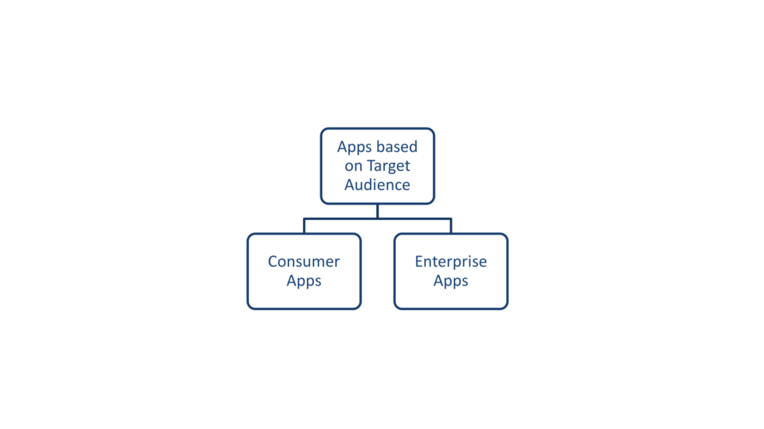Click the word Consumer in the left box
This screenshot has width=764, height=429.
tap(304, 261)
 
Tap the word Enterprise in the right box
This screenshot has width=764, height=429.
tap(451, 261)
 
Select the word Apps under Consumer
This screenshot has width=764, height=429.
tap(304, 281)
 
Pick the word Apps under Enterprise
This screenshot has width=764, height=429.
tap(451, 281)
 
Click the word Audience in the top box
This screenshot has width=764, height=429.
tap(378, 185)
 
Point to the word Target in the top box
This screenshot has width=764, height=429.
tap(388, 166)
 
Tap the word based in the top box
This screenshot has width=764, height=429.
tap(397, 147)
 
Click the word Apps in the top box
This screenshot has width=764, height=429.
tap(354, 147)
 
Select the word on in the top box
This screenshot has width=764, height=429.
tap(353, 167)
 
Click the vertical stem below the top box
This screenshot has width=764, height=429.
tap(378, 211)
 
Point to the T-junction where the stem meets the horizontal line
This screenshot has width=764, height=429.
tap(378, 219)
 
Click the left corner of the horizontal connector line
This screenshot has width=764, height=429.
tap(304, 219)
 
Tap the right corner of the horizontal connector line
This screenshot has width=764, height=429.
tap(451, 219)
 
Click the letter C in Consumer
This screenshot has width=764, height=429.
tap(272, 261)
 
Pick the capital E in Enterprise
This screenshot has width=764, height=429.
tap(419, 261)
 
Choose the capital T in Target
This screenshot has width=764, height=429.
tap(369, 166)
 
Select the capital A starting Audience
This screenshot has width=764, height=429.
tap(350, 185)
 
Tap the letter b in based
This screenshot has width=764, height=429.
tap(380, 147)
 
